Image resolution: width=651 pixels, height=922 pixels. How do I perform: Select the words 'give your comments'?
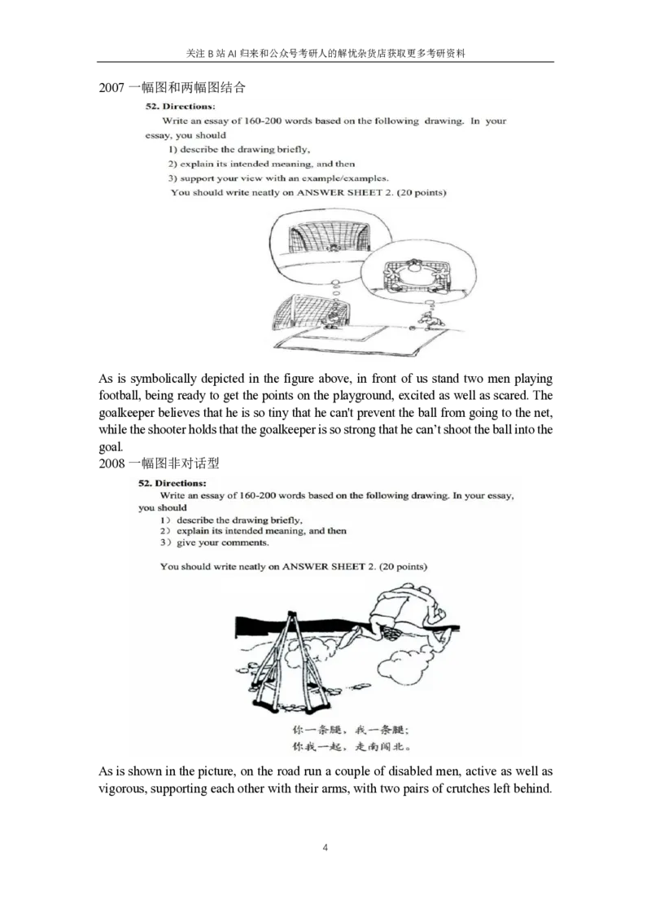(223, 542)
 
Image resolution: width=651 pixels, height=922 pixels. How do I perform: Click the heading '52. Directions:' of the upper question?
(180, 107)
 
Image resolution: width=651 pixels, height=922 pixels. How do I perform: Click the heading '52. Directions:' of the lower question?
(173, 483)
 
